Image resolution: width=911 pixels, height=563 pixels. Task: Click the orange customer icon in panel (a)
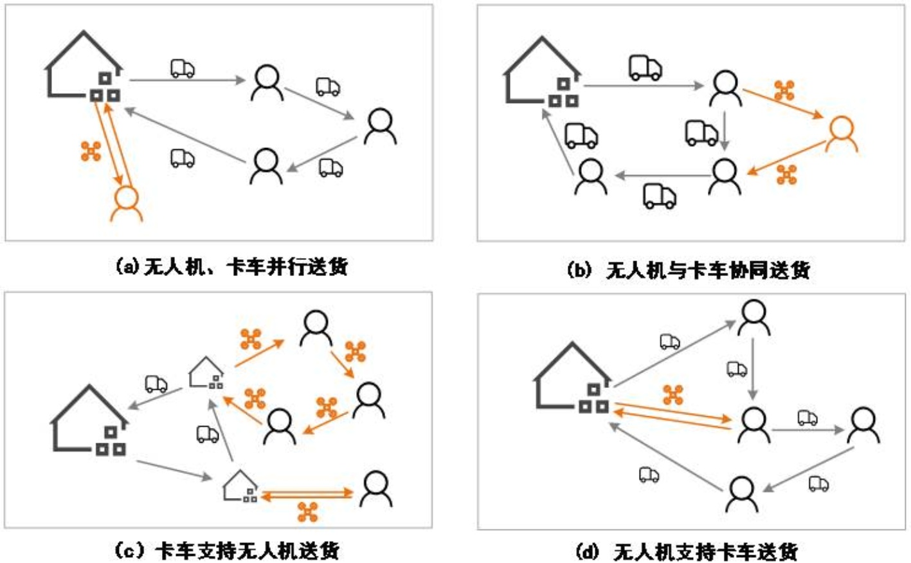[x=127, y=203]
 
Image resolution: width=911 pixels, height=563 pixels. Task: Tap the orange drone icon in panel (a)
[x=91, y=151]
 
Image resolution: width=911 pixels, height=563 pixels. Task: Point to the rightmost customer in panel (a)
[x=380, y=125]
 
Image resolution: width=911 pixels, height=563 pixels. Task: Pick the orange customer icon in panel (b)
[x=841, y=134]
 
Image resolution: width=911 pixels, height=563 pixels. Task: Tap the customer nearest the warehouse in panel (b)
[x=590, y=177]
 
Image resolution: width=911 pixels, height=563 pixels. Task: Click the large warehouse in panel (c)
[x=90, y=421]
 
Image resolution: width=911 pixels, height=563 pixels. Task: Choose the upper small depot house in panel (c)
[x=206, y=373]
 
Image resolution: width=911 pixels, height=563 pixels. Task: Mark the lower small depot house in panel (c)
[x=240, y=486]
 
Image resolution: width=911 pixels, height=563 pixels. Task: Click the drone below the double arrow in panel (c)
[x=308, y=512]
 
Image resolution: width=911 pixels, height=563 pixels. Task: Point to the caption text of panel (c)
[x=226, y=551]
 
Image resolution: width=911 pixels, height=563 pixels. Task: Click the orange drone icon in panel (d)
[x=673, y=394]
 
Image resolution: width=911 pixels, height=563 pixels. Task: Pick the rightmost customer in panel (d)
[x=863, y=425]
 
